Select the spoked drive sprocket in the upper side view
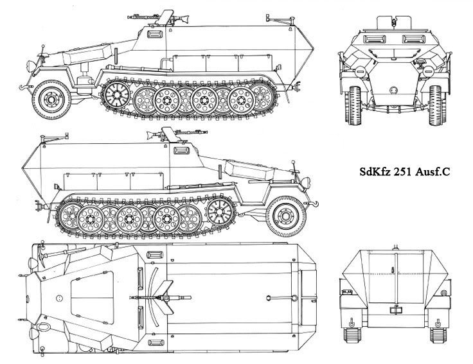(x=117, y=96)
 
